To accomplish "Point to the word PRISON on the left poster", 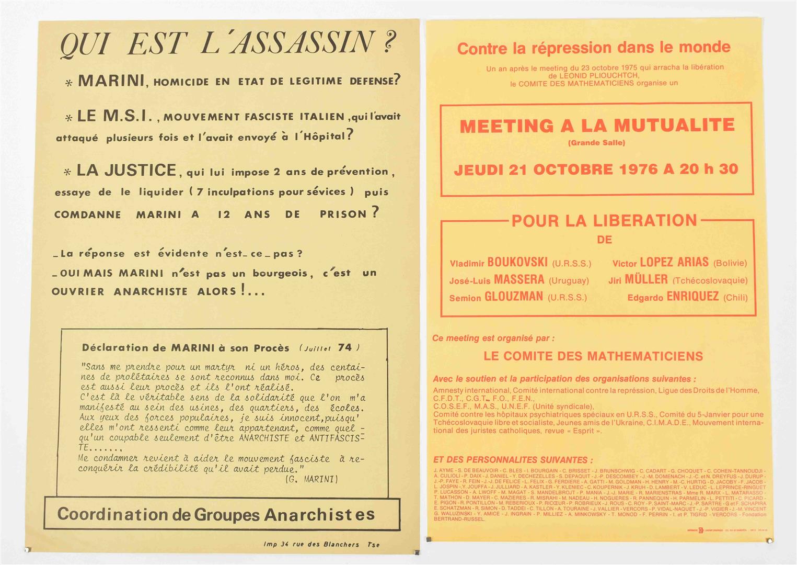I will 343,214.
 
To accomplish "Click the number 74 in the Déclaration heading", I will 345,347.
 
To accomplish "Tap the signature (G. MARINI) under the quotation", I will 312,479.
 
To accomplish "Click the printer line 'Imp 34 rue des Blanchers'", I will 311,544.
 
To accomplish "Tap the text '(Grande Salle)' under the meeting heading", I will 596,142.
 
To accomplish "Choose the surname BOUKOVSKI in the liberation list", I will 517,262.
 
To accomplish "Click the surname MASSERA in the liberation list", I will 519,279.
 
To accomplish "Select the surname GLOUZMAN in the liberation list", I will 514,297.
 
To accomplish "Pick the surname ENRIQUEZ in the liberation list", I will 692,297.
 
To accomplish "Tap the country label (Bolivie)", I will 730,263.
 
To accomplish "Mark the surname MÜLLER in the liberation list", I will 646,279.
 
